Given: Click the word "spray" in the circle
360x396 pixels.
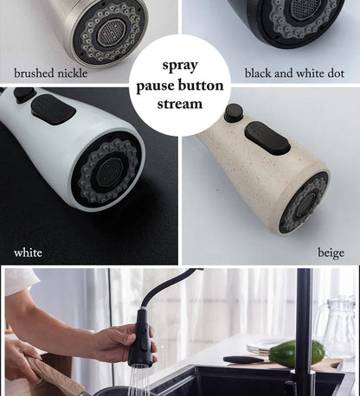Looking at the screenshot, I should [180, 65].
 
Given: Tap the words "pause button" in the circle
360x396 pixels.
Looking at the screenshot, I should [180, 86].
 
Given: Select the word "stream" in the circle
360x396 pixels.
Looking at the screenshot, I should [180, 105].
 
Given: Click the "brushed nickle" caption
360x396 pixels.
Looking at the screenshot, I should [50, 73].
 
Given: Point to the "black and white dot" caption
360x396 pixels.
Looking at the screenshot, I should [294, 73].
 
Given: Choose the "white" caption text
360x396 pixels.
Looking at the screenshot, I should [28, 252].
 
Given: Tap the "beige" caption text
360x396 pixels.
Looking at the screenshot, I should [331, 252].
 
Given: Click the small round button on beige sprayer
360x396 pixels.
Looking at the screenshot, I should [233, 112].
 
